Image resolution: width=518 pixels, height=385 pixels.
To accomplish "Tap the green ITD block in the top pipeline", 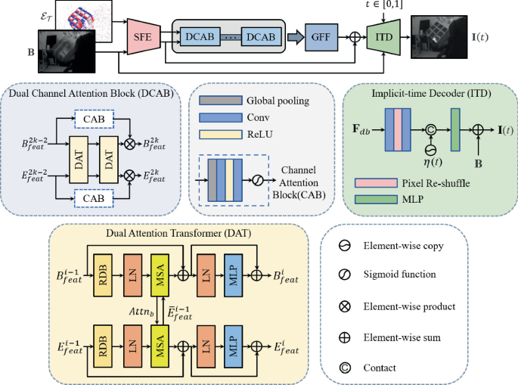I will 383,36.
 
